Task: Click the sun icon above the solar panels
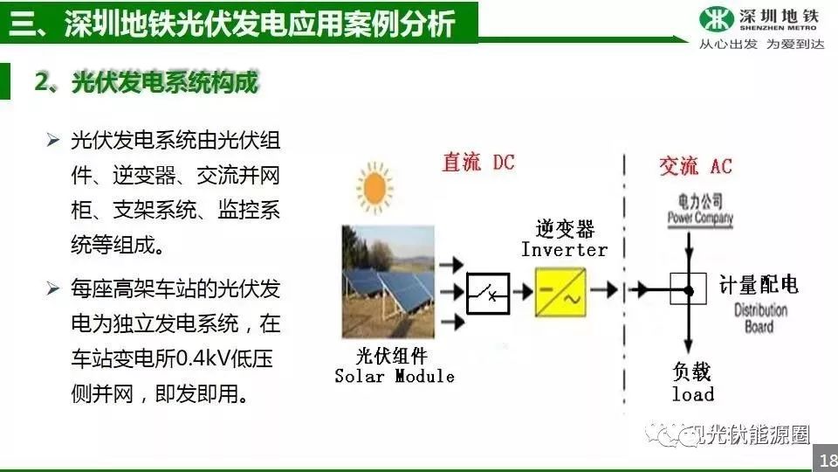pos(374,188)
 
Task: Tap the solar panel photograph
pos(388,281)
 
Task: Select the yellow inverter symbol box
pos(560,292)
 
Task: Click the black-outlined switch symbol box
pos(488,293)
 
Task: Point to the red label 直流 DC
pos(478,163)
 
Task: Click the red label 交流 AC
pos(696,166)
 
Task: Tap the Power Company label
pos(700,218)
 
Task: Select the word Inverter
pos(565,250)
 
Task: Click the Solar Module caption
pos(395,376)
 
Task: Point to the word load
pos(693,394)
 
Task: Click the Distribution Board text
pos(760,318)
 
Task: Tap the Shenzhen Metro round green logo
pos(716,19)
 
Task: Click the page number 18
pos(828,460)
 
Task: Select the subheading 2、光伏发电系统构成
pos(147,82)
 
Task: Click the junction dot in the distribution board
pos(689,291)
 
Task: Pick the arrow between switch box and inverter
pos(523,292)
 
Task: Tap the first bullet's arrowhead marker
pos(53,140)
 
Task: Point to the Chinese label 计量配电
pos(759,285)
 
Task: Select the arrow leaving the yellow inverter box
pos(604,290)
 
